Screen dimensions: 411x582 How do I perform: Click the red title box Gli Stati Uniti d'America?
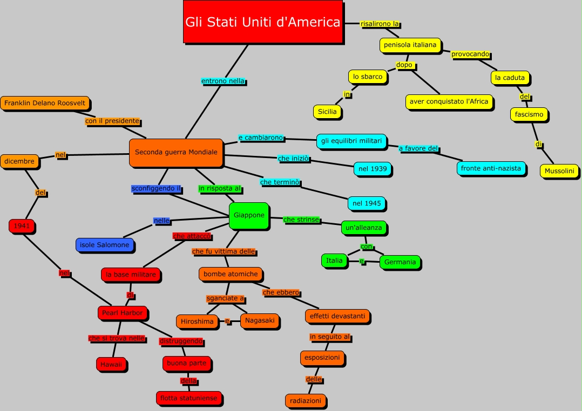(263, 22)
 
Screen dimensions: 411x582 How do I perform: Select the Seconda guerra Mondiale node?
(176, 152)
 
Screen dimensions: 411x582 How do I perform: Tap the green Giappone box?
(249, 215)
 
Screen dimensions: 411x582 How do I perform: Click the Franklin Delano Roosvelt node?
(45, 102)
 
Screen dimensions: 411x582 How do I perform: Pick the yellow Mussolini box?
(559, 171)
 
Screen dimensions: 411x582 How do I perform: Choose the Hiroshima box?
(197, 321)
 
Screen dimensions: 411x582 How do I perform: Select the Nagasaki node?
(260, 320)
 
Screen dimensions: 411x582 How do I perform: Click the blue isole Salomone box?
(105, 245)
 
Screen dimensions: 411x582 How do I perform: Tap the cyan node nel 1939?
(373, 169)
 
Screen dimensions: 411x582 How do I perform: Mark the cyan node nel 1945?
(367, 203)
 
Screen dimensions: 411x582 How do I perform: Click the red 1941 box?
(22, 225)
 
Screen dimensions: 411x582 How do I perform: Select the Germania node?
(400, 262)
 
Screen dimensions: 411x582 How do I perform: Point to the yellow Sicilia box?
(327, 112)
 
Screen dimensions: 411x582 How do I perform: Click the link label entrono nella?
(223, 81)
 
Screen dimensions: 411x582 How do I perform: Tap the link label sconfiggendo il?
(156, 189)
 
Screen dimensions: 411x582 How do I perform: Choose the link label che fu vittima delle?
(224, 251)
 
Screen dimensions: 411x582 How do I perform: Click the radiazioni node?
(306, 401)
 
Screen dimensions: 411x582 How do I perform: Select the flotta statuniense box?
(188, 398)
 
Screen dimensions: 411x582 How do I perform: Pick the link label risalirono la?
(380, 24)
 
